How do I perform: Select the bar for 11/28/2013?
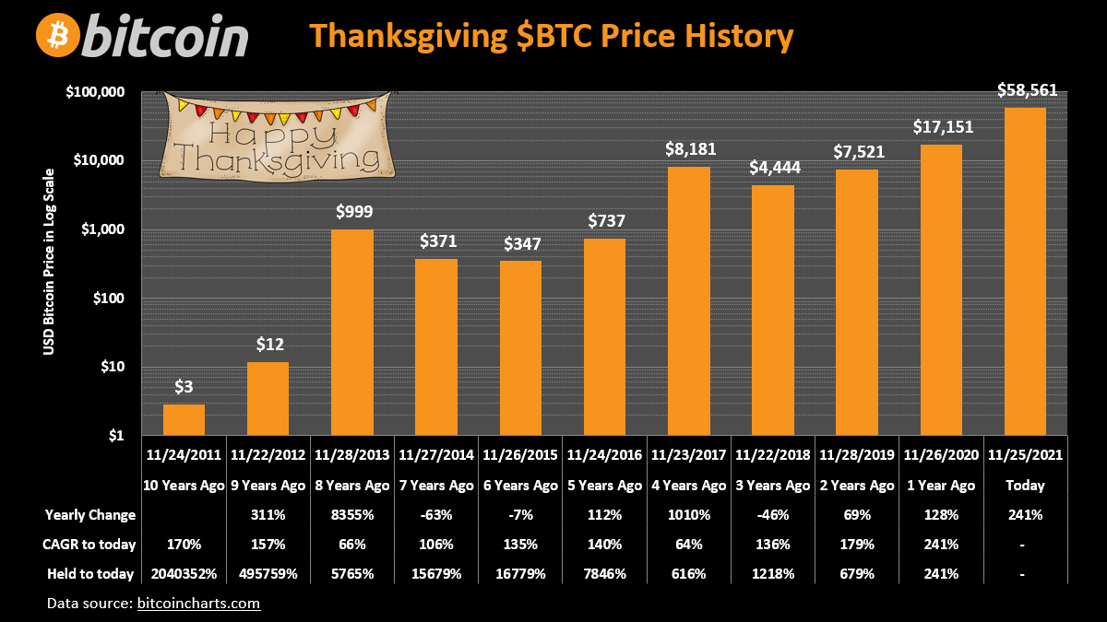351,332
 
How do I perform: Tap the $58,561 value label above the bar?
1027,90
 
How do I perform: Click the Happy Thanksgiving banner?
273,136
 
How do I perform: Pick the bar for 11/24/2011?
184,419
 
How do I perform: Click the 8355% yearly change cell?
351,515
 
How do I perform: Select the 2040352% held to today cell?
184,574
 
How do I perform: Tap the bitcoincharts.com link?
198,604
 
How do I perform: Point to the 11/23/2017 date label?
690,455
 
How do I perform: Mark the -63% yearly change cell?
436,515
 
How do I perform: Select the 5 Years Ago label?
605,485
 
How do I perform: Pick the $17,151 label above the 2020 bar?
942,127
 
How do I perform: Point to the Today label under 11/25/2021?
1026,485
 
